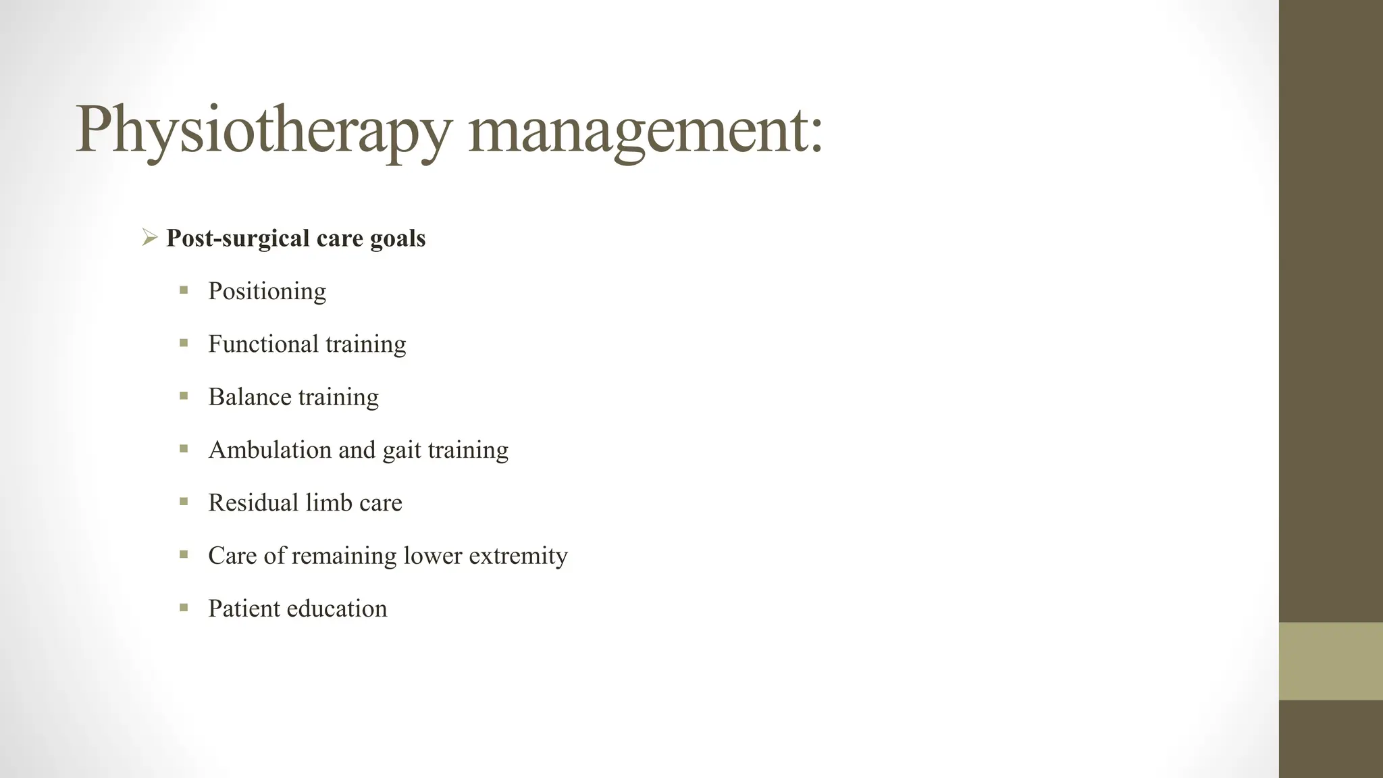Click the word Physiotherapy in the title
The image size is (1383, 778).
coord(262,130)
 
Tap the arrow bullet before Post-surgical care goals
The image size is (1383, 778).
coord(149,237)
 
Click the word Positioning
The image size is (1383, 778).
coord(267,292)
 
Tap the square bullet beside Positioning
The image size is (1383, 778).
coord(184,290)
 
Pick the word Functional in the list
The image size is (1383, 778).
coord(263,344)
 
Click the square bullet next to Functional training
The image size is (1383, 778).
coord(184,343)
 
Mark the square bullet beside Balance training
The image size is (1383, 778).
coord(184,396)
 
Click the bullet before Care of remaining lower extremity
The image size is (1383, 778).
coord(184,554)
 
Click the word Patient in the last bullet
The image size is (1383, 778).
coord(243,608)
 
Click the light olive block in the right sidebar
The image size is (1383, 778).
coord(1330,661)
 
